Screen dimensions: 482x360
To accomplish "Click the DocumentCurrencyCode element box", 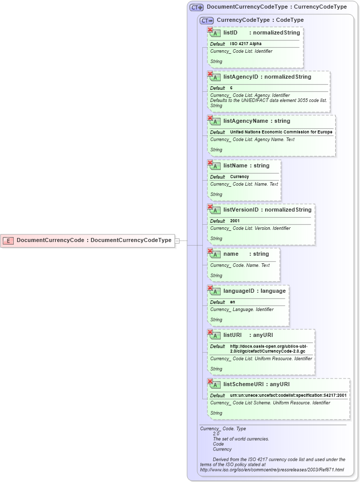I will pos(88,240).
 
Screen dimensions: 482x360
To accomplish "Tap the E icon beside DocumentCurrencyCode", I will pos(8,240).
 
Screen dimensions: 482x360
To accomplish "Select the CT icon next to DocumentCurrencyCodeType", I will pos(196,8).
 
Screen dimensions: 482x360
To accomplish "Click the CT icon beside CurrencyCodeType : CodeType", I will pos(206,20).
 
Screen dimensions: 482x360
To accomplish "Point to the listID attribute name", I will pos(230,32).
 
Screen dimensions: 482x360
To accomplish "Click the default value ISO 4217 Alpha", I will pos(245,44).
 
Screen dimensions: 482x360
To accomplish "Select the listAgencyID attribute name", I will pos(241,77).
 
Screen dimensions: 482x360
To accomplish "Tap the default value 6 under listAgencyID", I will pos(231,88).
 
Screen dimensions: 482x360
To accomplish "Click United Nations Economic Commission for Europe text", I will pos(281,132).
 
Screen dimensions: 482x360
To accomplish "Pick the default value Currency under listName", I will pos(239,177).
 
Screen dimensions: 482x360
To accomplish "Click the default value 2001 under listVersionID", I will pos(235,221).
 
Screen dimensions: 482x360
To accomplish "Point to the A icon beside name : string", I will pos(215,254).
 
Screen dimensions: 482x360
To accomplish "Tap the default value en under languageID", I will pos(232,302).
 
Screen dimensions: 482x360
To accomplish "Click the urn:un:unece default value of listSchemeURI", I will pos(288,396).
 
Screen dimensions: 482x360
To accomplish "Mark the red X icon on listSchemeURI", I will pos(210,381).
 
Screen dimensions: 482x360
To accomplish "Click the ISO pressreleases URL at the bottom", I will pos(272,470).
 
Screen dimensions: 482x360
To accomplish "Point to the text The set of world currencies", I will pos(241,439).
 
